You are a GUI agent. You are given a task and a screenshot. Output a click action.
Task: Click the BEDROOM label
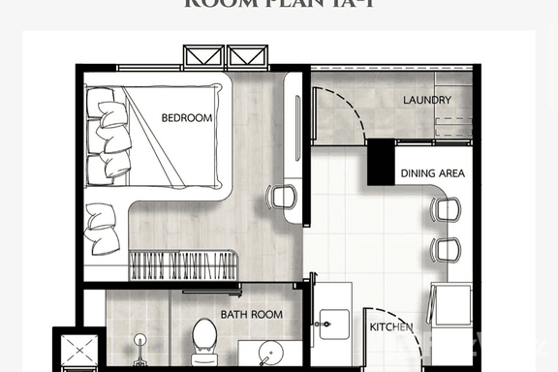pos(186,118)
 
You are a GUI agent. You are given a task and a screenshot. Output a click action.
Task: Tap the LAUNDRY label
pos(427,100)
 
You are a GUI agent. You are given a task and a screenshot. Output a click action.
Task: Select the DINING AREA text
pos(432,174)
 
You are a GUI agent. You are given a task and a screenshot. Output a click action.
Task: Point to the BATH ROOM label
pos(251,315)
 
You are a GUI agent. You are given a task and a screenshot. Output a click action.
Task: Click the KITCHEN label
pos(391,327)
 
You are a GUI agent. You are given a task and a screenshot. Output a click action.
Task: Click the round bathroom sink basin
pos(271,352)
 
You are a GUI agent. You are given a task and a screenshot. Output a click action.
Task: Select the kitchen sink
pos(331,325)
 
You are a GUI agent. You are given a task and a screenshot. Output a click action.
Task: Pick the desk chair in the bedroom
pos(282,198)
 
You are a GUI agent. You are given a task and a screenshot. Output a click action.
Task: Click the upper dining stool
pos(447,208)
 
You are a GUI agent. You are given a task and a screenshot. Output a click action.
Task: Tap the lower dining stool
pos(447,249)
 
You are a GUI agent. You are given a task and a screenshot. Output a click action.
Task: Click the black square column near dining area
pos(381,161)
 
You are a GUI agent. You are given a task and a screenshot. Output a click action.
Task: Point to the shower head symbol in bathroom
pos(140,342)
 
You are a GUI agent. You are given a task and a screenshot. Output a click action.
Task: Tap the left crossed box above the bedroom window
pos(203,56)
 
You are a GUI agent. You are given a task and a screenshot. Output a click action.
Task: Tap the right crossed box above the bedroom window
pos(247,56)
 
